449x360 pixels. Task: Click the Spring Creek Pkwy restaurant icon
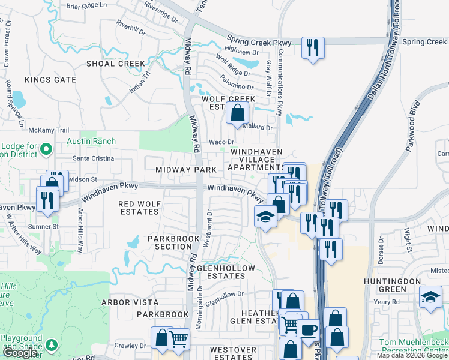(313, 47)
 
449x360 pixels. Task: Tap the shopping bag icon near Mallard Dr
(238, 112)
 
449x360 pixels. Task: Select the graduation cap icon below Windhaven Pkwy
(265, 216)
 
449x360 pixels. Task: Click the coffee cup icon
(309, 329)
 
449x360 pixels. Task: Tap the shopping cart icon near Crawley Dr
(178, 339)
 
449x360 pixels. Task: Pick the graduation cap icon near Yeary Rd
(430, 297)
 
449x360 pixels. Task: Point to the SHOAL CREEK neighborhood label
(116, 64)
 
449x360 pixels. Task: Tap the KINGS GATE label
(50, 80)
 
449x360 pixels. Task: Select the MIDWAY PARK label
(185, 170)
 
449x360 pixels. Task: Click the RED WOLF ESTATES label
(140, 208)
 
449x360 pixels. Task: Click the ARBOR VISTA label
(130, 302)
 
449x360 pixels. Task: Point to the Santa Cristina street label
(93, 158)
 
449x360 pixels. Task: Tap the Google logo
(19, 353)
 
